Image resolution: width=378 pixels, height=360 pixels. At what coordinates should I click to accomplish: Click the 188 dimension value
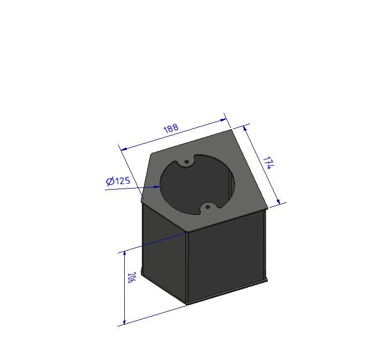(171, 129)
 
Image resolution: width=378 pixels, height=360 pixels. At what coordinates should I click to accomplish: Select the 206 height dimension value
(131, 277)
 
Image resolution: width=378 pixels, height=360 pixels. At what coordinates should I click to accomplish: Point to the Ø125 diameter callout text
(118, 181)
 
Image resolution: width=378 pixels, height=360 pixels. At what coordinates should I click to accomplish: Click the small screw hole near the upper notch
(187, 162)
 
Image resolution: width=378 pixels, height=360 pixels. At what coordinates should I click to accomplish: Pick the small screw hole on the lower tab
(207, 207)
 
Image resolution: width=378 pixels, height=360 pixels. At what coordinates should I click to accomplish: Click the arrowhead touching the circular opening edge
(157, 186)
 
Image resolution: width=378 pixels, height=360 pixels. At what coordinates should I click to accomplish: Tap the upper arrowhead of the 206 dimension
(124, 254)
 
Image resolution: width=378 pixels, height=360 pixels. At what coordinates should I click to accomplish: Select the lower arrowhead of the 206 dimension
(124, 322)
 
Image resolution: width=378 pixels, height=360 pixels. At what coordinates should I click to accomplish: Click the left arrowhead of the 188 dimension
(124, 149)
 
